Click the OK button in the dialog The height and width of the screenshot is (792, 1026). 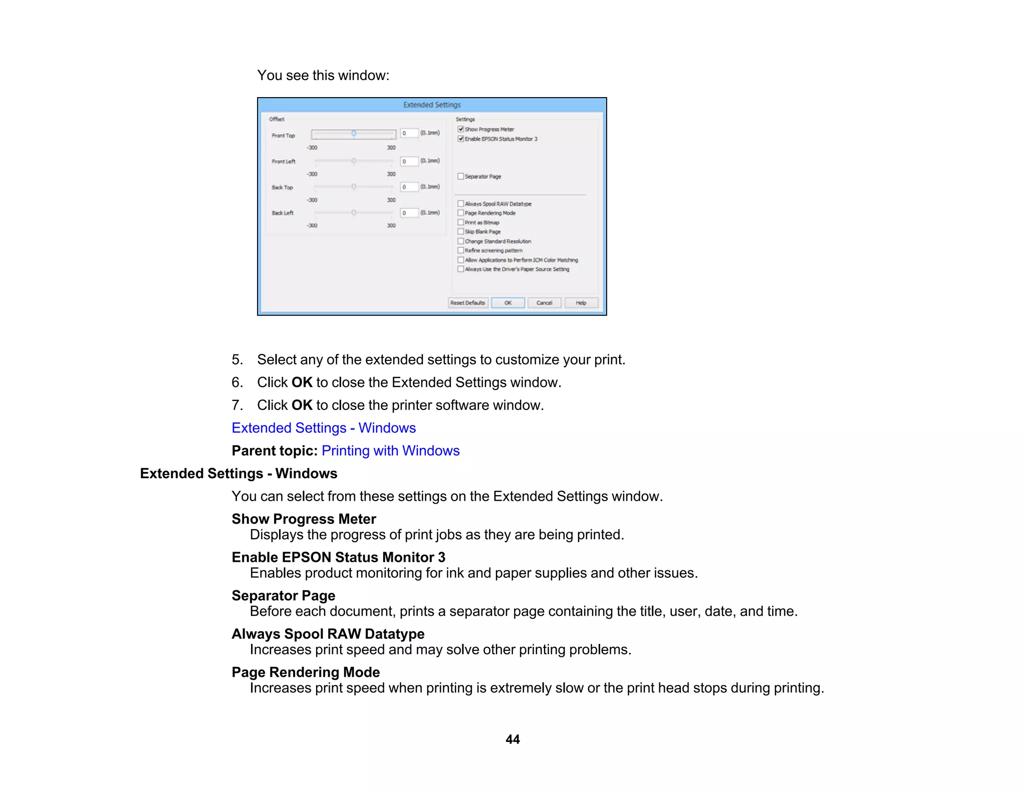507,303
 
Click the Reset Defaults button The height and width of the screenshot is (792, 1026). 467,303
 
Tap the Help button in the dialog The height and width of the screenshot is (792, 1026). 581,303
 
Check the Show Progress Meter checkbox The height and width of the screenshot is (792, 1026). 460,129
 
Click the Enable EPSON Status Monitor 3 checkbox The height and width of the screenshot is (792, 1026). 460,139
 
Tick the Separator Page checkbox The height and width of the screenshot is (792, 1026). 460,176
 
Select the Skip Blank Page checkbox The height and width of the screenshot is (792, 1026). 460,232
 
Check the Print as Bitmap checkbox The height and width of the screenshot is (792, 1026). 460,222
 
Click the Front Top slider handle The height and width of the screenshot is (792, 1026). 354,133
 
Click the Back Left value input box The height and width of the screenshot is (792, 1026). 409,213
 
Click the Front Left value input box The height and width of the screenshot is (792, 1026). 409,161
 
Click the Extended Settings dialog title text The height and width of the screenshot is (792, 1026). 431,105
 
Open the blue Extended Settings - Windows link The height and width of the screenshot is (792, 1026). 324,428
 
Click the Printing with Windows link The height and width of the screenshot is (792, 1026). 390,451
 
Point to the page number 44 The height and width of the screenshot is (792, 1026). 512,739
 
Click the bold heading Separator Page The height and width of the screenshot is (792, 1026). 283,596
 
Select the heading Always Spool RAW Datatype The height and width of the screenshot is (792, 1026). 328,634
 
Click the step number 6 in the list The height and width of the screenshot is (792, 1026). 236,382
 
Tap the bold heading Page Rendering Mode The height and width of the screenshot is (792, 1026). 306,672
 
